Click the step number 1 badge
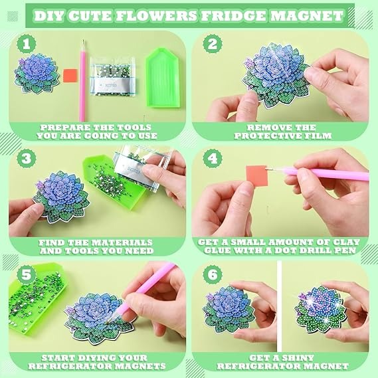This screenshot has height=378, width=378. pyautogui.click(x=27, y=44)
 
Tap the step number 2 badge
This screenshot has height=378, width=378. pyautogui.click(x=213, y=44)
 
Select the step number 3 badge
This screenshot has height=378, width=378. pyautogui.click(x=27, y=158)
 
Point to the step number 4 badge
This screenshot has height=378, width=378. pyautogui.click(x=213, y=158)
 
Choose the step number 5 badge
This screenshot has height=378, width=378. pyautogui.click(x=27, y=274)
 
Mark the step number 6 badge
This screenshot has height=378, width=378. pyautogui.click(x=213, y=274)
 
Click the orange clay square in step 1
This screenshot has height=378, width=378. pyautogui.click(x=70, y=76)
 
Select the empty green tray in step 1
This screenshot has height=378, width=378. pyautogui.click(x=163, y=77)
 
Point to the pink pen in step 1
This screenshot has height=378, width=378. pyautogui.click(x=82, y=81)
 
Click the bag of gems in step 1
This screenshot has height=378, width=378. pyautogui.click(x=113, y=76)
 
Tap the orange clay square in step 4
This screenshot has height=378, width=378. pyautogui.click(x=257, y=176)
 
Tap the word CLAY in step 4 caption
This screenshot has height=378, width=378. pyautogui.click(x=345, y=242)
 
